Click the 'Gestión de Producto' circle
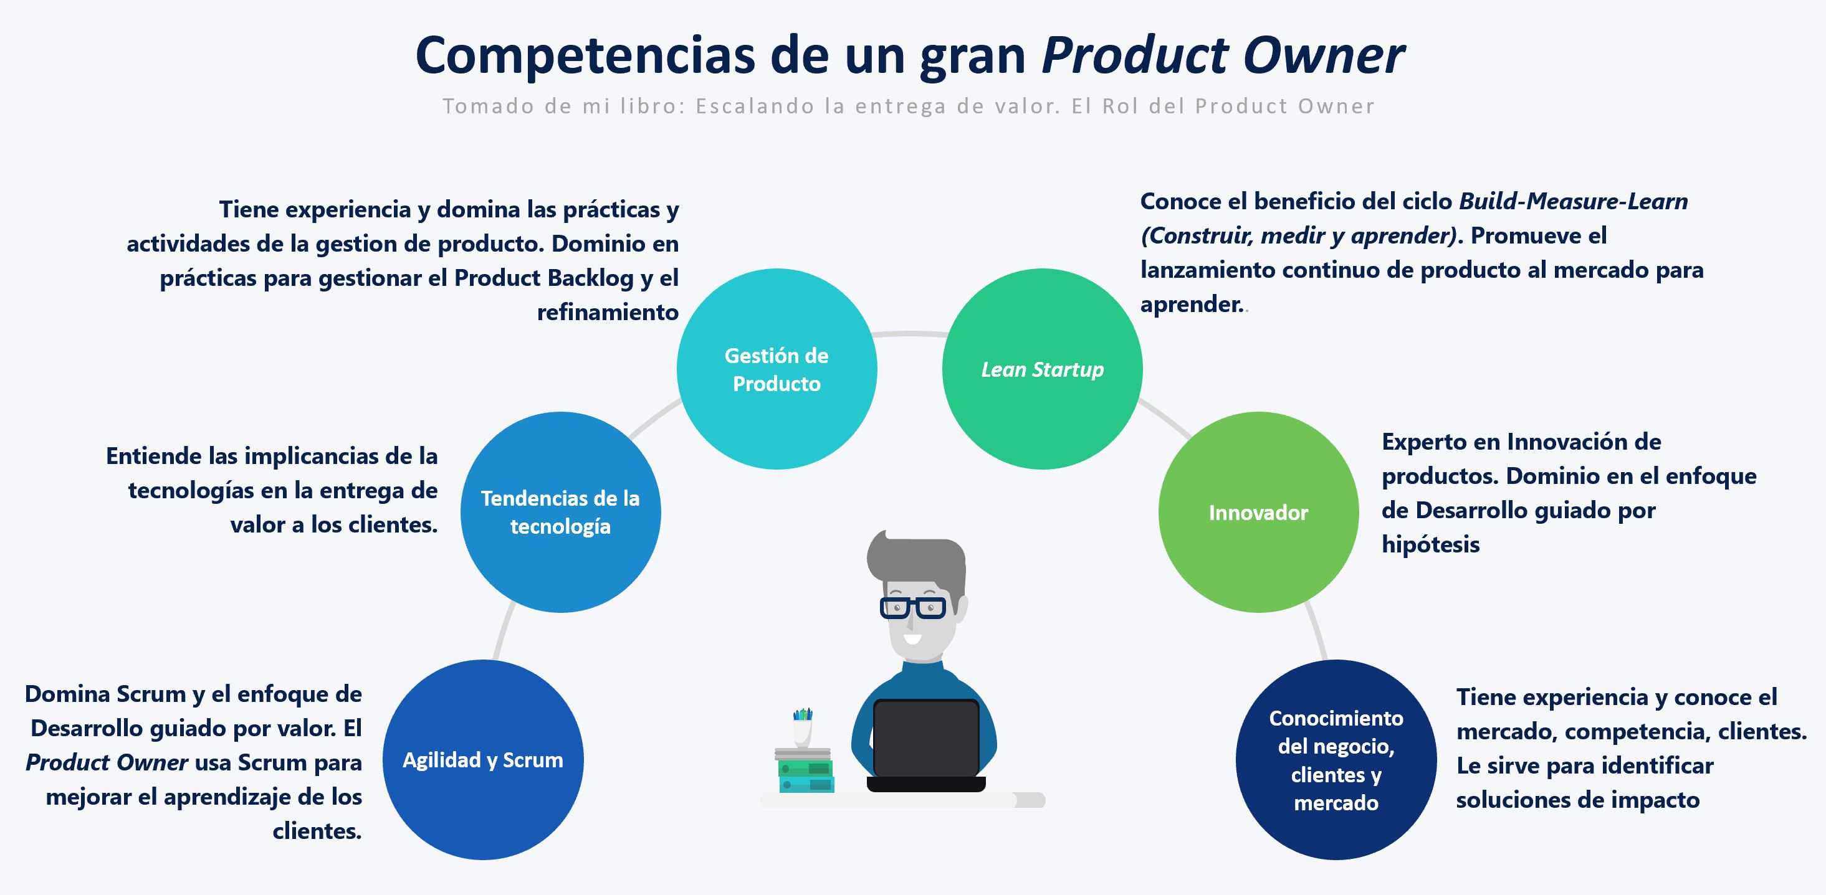(x=777, y=369)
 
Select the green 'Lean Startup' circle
(x=1042, y=369)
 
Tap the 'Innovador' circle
(x=1258, y=511)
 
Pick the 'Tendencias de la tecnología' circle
(x=560, y=511)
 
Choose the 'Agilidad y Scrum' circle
(x=483, y=760)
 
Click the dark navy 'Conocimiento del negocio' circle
(x=1336, y=760)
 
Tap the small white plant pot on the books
(x=803, y=732)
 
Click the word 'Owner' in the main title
(x=1324, y=55)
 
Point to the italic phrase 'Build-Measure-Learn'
(x=1573, y=201)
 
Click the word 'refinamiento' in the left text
(x=608, y=312)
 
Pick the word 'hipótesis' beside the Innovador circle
(x=1430, y=544)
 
